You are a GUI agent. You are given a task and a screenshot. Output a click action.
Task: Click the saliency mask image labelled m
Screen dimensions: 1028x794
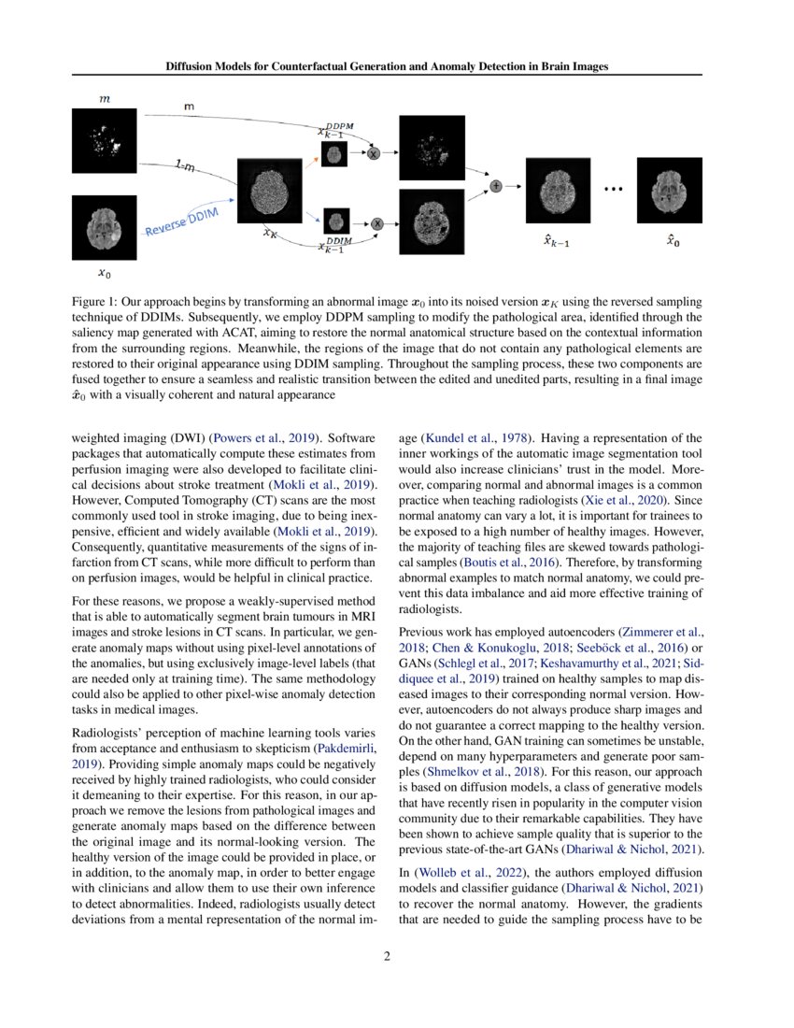pos(104,139)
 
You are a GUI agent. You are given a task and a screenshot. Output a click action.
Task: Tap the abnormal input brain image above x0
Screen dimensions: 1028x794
pos(104,228)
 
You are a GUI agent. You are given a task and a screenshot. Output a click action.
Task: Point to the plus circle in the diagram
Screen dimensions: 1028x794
pos(495,186)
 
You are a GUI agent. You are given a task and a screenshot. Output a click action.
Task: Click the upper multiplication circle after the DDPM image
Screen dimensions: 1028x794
pos(373,153)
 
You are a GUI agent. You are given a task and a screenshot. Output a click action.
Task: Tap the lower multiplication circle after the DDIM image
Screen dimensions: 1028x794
pos(377,223)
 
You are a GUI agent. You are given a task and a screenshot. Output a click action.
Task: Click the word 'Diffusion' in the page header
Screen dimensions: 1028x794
pos(195,66)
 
